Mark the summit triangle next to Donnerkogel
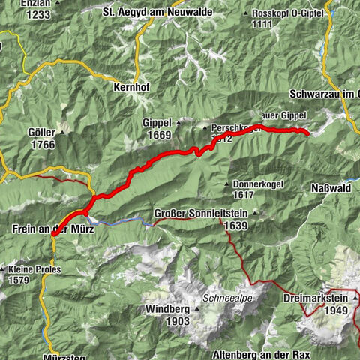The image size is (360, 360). point(226,184)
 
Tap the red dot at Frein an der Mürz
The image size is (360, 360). point(54,235)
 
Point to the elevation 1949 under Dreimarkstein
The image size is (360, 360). point(343,310)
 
